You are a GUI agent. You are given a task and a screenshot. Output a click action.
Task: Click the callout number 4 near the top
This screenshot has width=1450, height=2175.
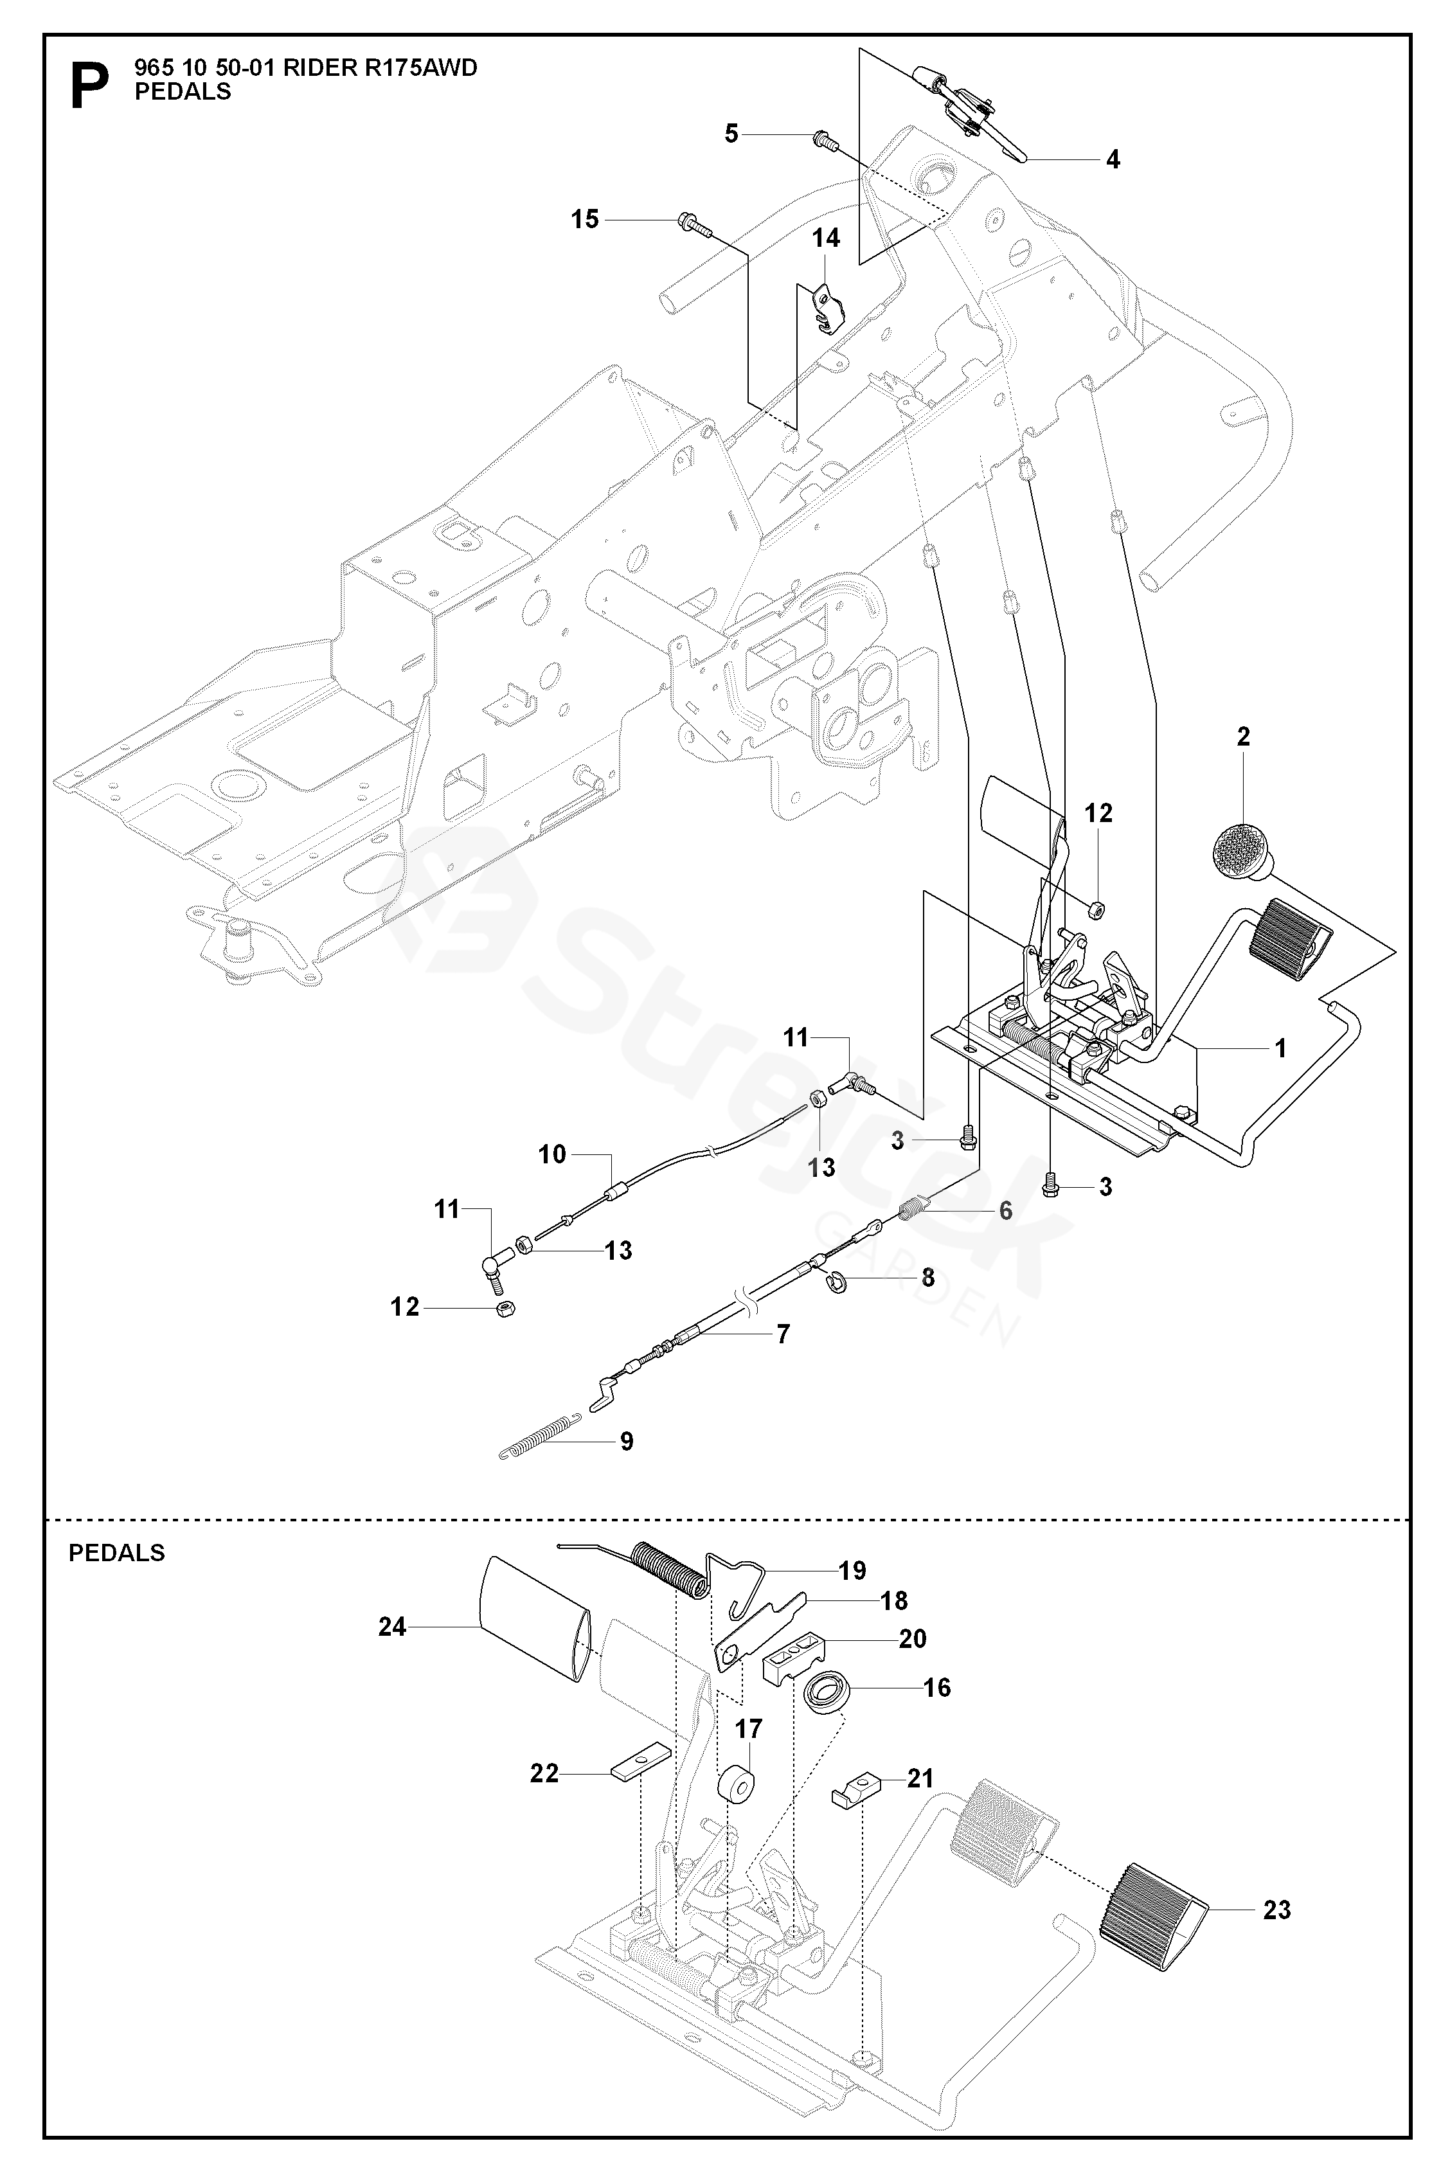click(x=1113, y=160)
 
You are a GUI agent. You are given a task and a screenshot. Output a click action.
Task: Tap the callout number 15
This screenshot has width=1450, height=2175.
click(x=584, y=219)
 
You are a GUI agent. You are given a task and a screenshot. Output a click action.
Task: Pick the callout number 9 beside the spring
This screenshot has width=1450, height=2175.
click(x=627, y=1441)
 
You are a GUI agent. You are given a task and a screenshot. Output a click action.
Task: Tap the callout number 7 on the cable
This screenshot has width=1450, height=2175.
click(x=783, y=1334)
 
